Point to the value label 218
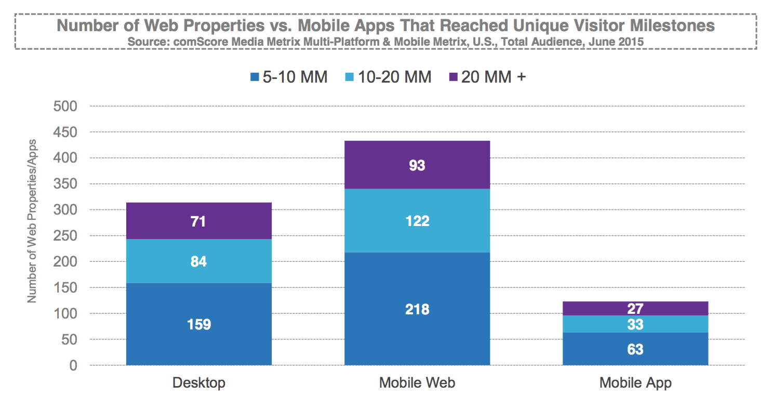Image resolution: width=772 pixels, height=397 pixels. click(x=417, y=310)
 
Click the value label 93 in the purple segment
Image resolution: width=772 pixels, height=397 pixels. click(x=417, y=165)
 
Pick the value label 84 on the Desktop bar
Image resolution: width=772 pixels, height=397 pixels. click(x=199, y=261)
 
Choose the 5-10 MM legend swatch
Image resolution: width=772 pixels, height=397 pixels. click(x=255, y=77)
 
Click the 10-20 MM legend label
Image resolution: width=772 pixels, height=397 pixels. click(x=395, y=77)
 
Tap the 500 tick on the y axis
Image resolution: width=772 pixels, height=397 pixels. click(x=65, y=106)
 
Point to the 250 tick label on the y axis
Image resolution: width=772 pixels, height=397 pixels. click(x=65, y=236)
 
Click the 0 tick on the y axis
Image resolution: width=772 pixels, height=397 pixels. click(x=73, y=366)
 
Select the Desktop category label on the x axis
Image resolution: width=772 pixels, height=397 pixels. click(x=199, y=383)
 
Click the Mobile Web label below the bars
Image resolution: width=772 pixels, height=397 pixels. click(x=417, y=383)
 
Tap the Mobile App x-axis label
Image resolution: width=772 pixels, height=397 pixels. click(x=635, y=383)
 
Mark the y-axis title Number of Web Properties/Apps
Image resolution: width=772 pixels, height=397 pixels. click(x=32, y=221)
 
